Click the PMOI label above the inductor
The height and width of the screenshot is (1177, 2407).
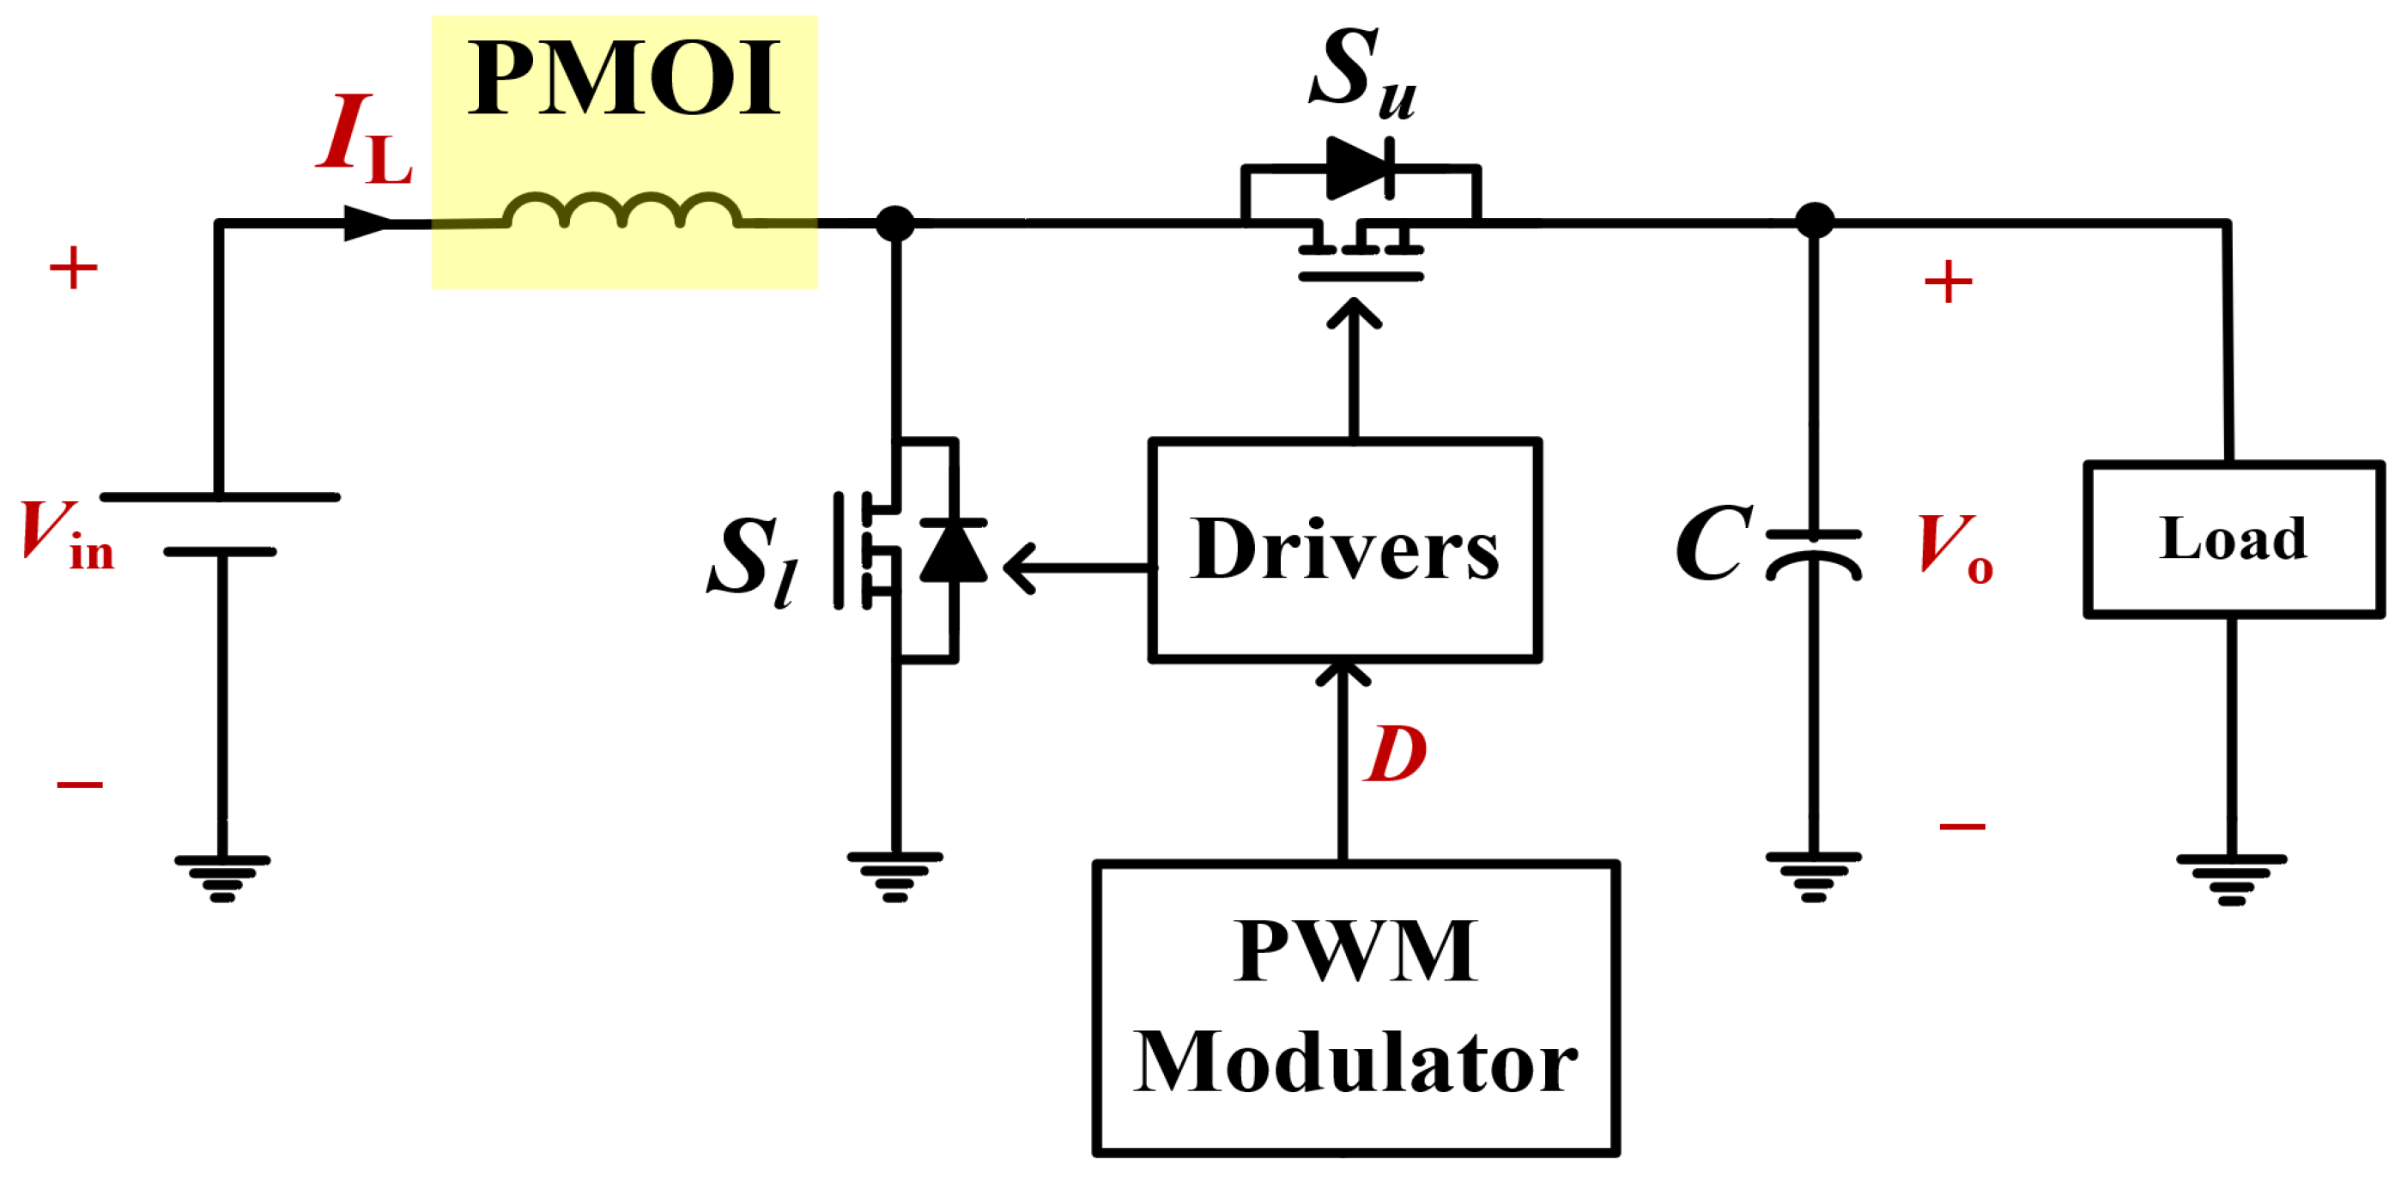pyautogui.click(x=623, y=79)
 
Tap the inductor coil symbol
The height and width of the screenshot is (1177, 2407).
pyautogui.click(x=623, y=211)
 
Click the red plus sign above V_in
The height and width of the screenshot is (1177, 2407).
pyautogui.click(x=73, y=269)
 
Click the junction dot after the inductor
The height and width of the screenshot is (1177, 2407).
pyautogui.click(x=895, y=224)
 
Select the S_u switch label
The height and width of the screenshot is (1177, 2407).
pyautogui.click(x=1361, y=73)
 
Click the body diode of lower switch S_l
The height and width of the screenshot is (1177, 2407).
pyautogui.click(x=953, y=551)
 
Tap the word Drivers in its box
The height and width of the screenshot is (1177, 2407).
pyautogui.click(x=1343, y=551)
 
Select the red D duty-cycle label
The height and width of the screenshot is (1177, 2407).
pyautogui.click(x=1395, y=755)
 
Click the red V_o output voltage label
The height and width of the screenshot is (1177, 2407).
pyautogui.click(x=1955, y=549)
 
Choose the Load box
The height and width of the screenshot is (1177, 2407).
pyautogui.click(x=2234, y=539)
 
